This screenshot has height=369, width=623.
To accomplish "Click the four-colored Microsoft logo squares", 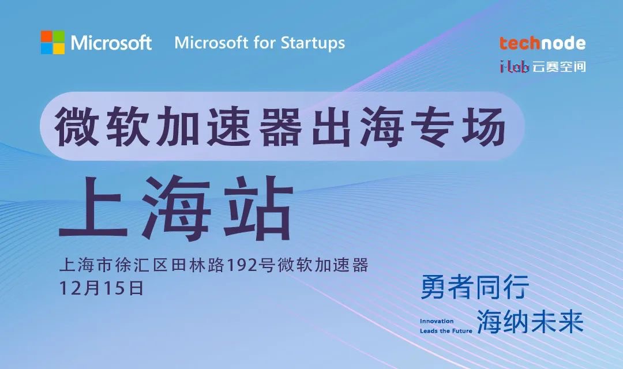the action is coord(52,42).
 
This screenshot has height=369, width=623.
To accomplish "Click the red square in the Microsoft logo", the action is coord(47,36).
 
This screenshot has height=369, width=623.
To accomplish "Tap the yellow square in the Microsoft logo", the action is coord(59,48).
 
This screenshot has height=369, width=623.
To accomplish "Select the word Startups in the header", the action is coord(313,43).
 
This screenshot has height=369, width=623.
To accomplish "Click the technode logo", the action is coord(542,43).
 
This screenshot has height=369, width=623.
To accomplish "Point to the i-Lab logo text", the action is coord(514,67).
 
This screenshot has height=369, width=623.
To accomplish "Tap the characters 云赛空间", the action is coord(558,67).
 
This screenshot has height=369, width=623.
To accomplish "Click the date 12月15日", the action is coord(101,288).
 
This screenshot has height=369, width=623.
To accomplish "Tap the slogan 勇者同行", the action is coord(475,287).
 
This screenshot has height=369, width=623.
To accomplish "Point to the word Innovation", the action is coord(437,321).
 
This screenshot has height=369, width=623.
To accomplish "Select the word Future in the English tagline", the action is coord(462,331).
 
